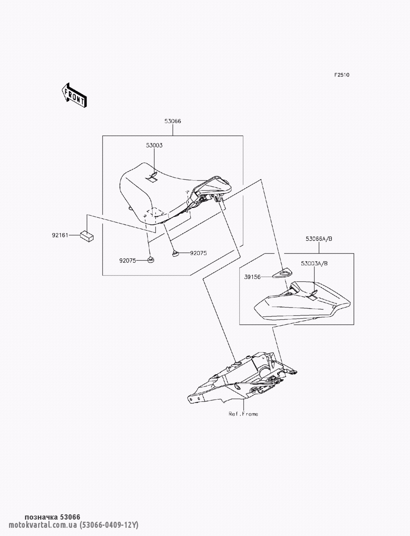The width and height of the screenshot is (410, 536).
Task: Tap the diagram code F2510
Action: coord(342,75)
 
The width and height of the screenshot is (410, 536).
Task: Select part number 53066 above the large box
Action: coord(173,121)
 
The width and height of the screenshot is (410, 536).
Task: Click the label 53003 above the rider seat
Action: coord(154,145)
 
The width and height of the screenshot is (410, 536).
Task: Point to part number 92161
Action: coord(60,235)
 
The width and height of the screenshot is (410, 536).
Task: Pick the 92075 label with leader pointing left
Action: coord(198,253)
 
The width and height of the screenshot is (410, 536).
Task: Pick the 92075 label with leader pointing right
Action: coord(128,260)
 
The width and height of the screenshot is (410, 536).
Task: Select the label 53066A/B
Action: coord(319,239)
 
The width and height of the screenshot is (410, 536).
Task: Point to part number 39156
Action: coord(252,277)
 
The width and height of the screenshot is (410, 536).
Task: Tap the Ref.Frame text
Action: coord(243,414)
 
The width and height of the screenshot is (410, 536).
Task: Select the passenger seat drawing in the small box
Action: coord(302,301)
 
